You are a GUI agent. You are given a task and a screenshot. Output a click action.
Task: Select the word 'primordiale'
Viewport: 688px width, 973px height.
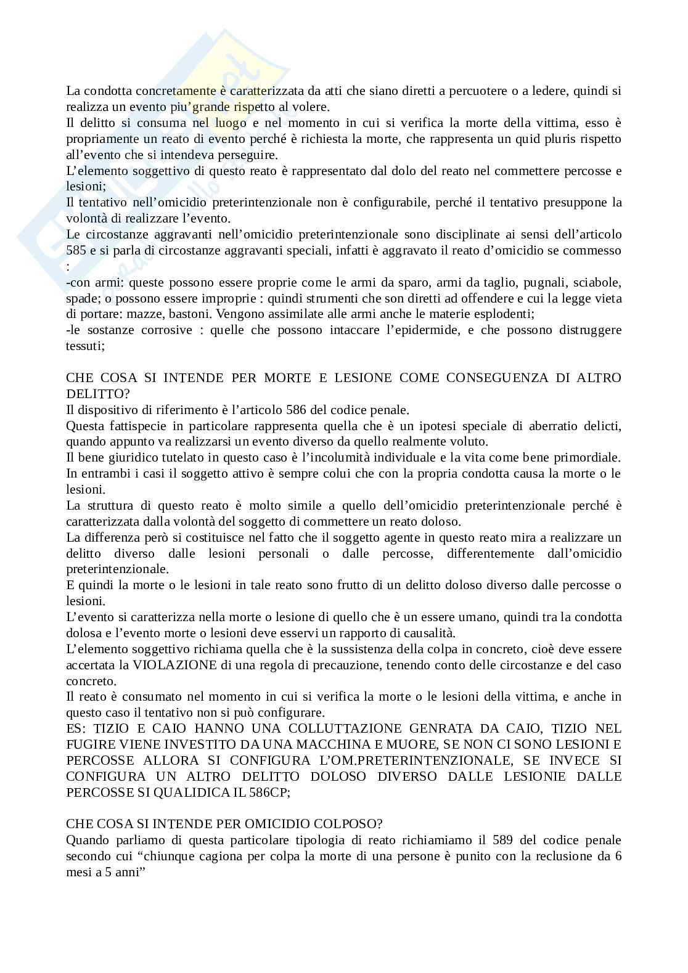[x=589, y=457]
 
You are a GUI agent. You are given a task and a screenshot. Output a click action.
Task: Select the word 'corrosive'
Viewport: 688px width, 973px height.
[x=163, y=330]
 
